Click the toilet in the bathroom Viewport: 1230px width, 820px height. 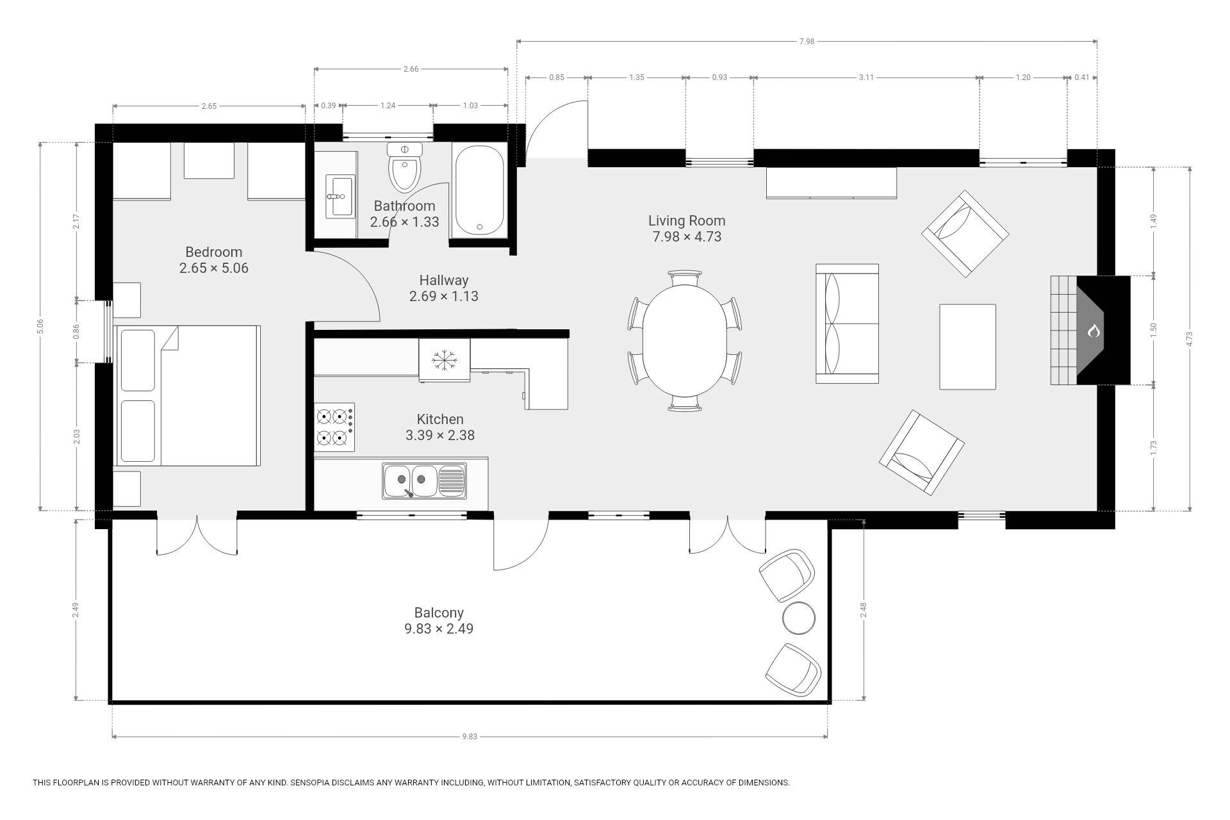[405, 167]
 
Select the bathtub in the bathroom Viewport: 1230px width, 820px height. [479, 190]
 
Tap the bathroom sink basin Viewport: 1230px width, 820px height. [340, 196]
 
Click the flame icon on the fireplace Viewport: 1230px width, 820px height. [1094, 331]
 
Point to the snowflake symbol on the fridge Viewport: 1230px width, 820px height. [443, 361]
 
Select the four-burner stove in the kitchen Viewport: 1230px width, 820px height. [334, 427]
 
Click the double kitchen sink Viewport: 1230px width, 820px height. [425, 480]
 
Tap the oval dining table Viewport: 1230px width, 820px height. [685, 341]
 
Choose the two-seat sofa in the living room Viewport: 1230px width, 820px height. [847, 324]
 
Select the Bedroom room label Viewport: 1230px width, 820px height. [214, 252]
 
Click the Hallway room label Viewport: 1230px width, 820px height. [444, 280]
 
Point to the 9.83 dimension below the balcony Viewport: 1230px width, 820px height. [470, 737]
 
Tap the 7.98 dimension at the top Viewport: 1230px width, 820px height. [807, 42]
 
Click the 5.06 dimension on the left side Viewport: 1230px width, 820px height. [40, 326]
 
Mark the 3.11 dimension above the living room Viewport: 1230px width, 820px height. [866, 78]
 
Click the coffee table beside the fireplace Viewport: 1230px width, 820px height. [967, 347]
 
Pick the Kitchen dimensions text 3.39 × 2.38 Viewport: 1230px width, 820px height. [440, 436]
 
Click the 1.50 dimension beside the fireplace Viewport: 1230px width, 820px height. [1154, 330]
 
